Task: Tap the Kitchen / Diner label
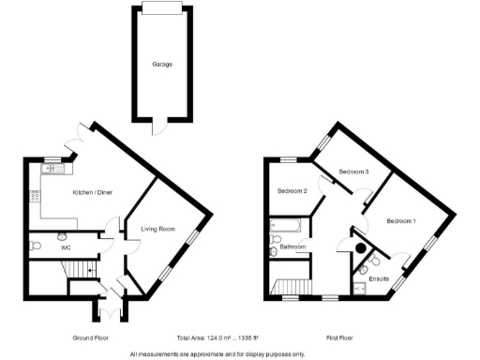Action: point(94,191)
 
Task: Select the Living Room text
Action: point(159,228)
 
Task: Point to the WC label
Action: point(67,247)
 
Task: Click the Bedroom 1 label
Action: point(402,220)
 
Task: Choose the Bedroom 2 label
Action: point(292,191)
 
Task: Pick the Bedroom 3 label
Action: point(353,172)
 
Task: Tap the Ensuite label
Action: point(380,278)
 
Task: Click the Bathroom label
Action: point(292,247)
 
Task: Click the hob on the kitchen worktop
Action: point(36,196)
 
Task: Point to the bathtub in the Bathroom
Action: point(283,226)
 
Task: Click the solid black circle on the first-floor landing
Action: point(360,248)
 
